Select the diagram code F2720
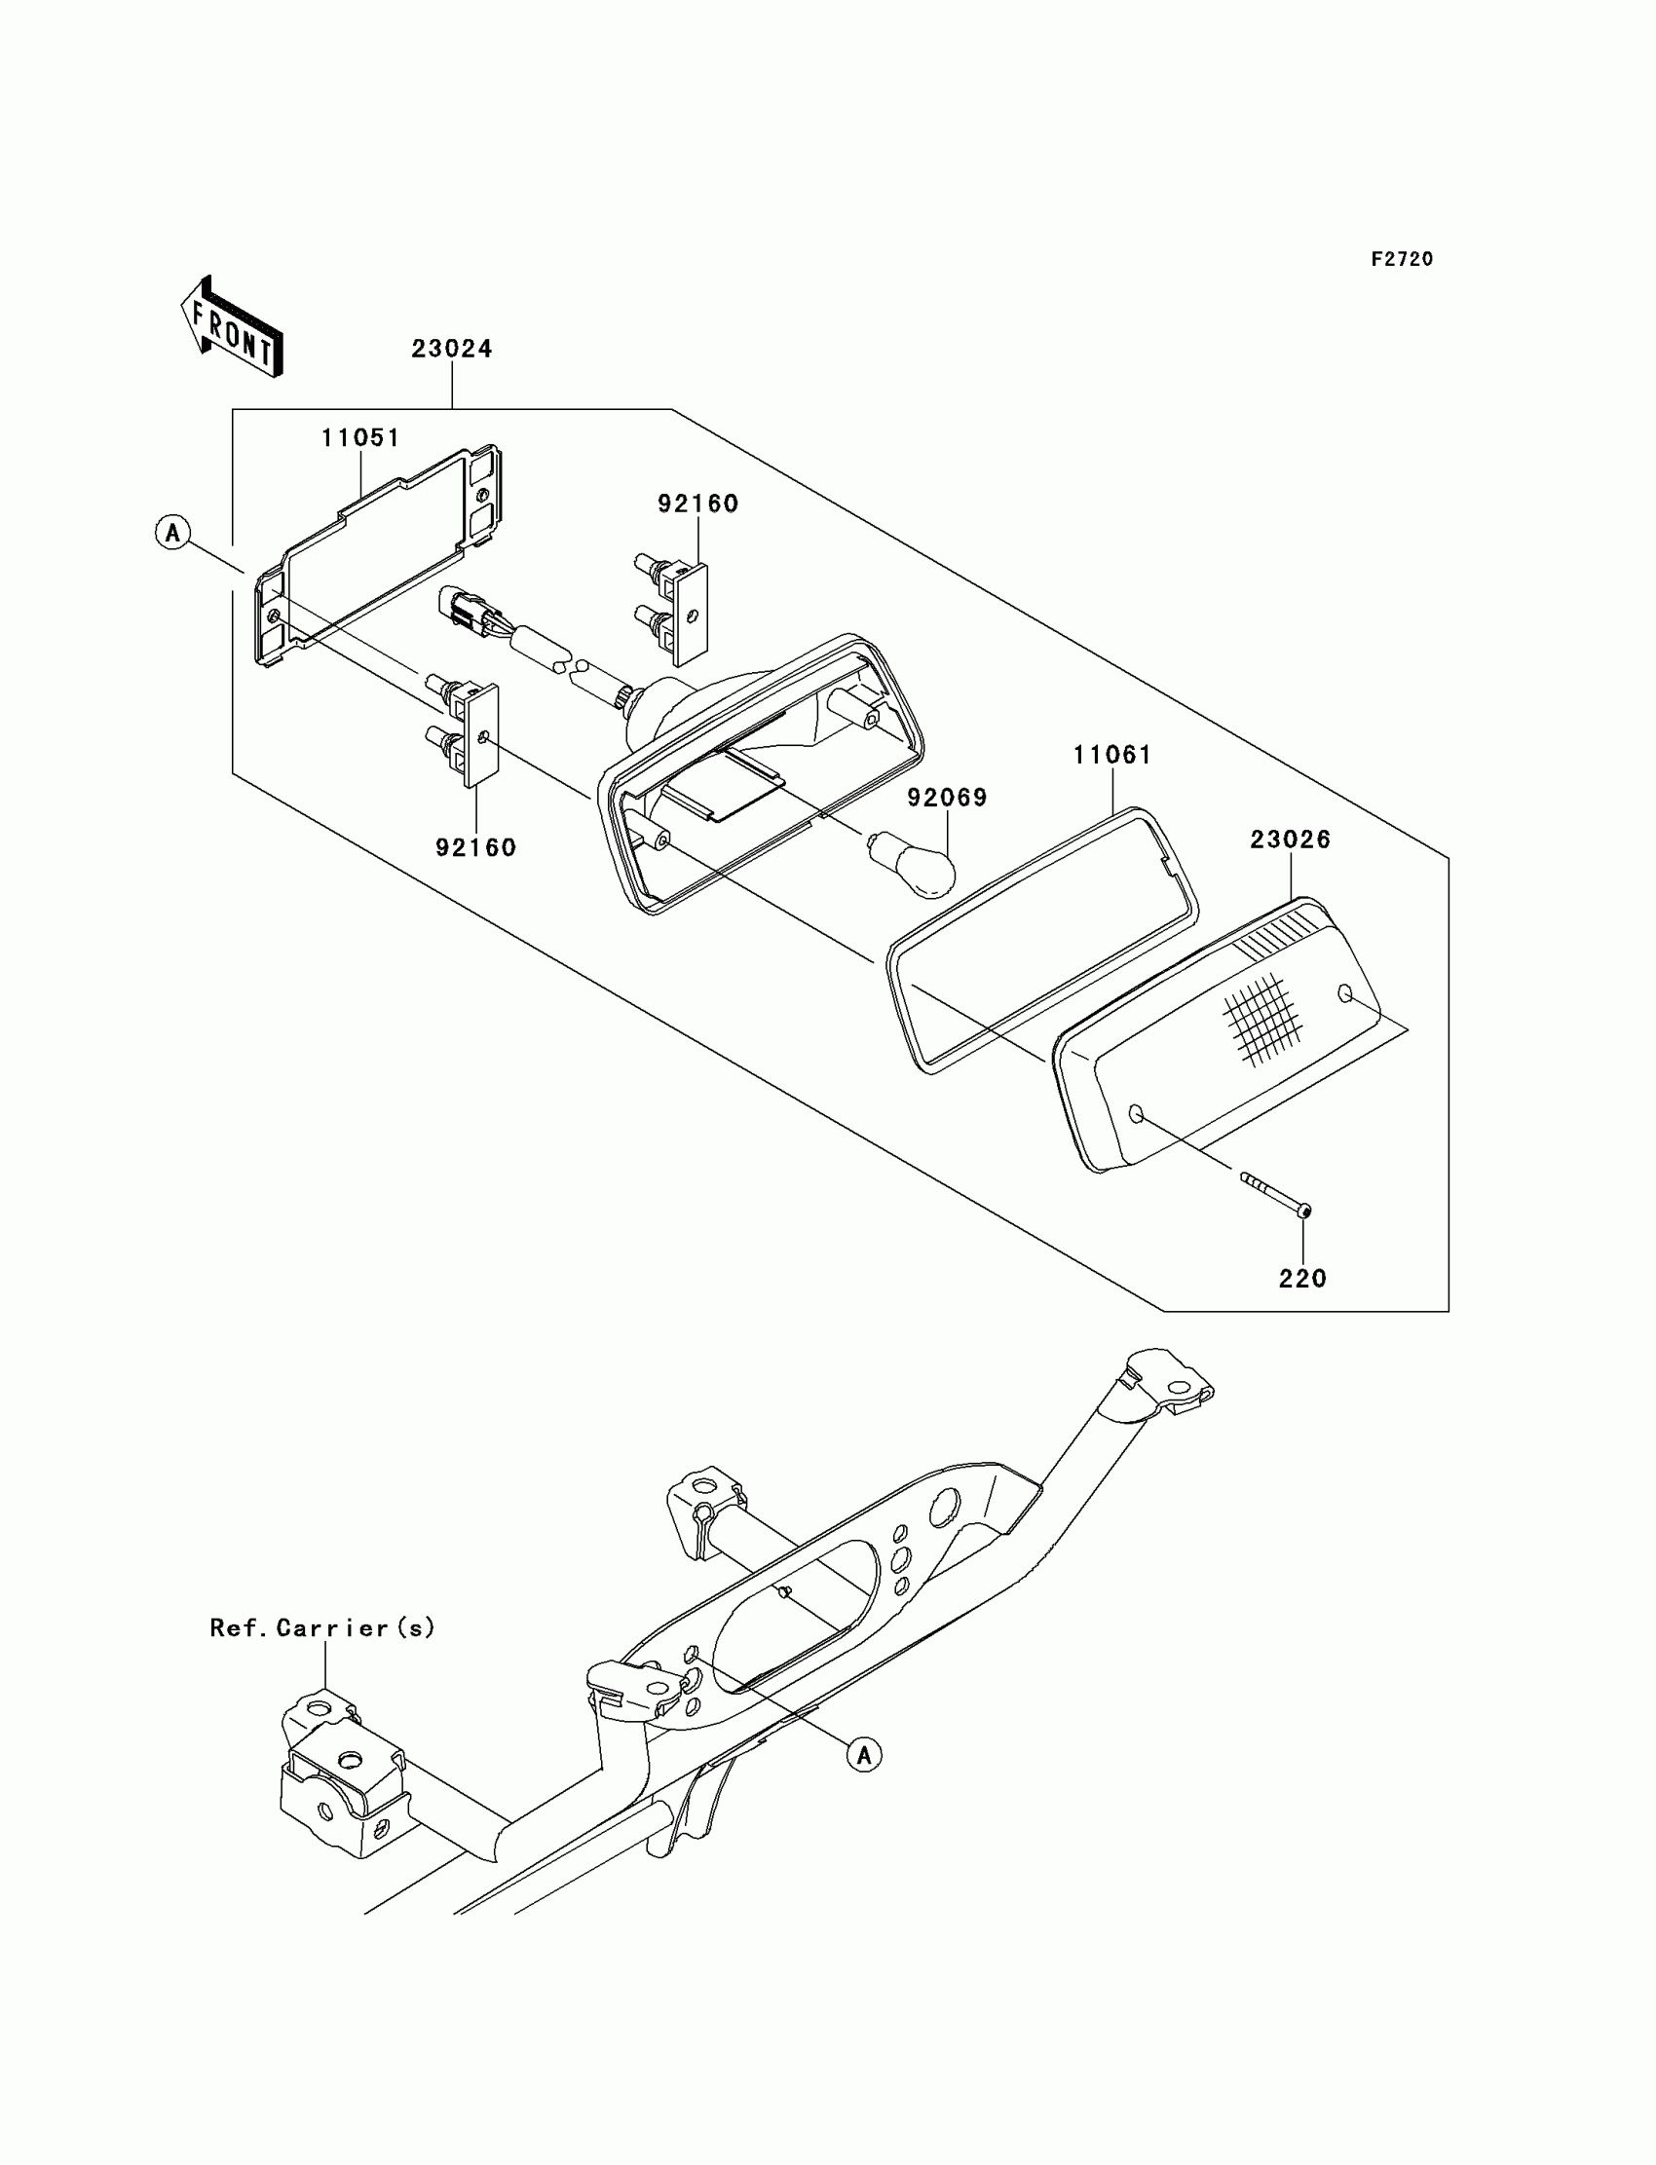tap(1402, 259)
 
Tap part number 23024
tap(451, 349)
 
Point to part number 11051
tap(360, 438)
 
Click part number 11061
tap(1111, 755)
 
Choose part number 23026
tap(1291, 840)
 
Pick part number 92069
tap(947, 798)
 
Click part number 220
tap(1302, 1279)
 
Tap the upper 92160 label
tap(697, 504)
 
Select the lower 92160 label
tap(476, 847)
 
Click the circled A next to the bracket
tap(173, 533)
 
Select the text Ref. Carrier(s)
tap(322, 1628)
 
